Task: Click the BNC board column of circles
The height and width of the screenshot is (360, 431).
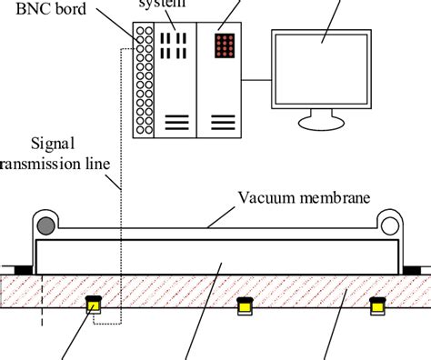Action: click(142, 78)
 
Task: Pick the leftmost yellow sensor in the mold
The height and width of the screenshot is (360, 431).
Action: click(92, 306)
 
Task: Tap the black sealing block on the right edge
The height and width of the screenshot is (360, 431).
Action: click(412, 268)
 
